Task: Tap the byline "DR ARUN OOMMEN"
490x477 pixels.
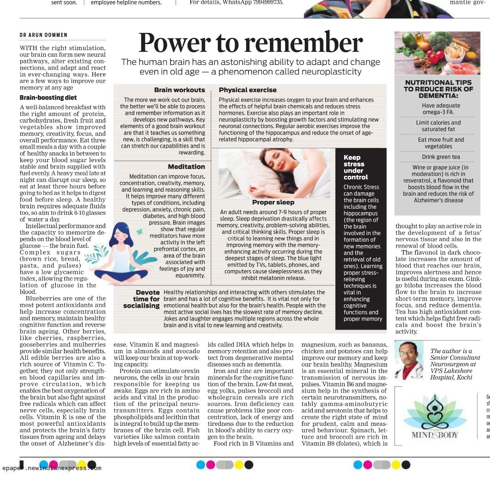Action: point(44,35)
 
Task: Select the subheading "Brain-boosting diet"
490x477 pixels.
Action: point(48,98)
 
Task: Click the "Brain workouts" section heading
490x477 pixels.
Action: point(180,90)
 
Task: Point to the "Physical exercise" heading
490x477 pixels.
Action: point(248,90)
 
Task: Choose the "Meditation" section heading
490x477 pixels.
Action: point(186,167)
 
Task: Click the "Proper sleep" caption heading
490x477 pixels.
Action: point(273,202)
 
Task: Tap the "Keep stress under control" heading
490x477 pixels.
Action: point(355,167)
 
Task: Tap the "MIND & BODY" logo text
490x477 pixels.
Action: point(435,435)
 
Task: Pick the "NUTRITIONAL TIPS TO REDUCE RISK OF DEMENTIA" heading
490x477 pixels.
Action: point(438,89)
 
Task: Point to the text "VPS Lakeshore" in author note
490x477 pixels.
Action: point(451,371)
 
